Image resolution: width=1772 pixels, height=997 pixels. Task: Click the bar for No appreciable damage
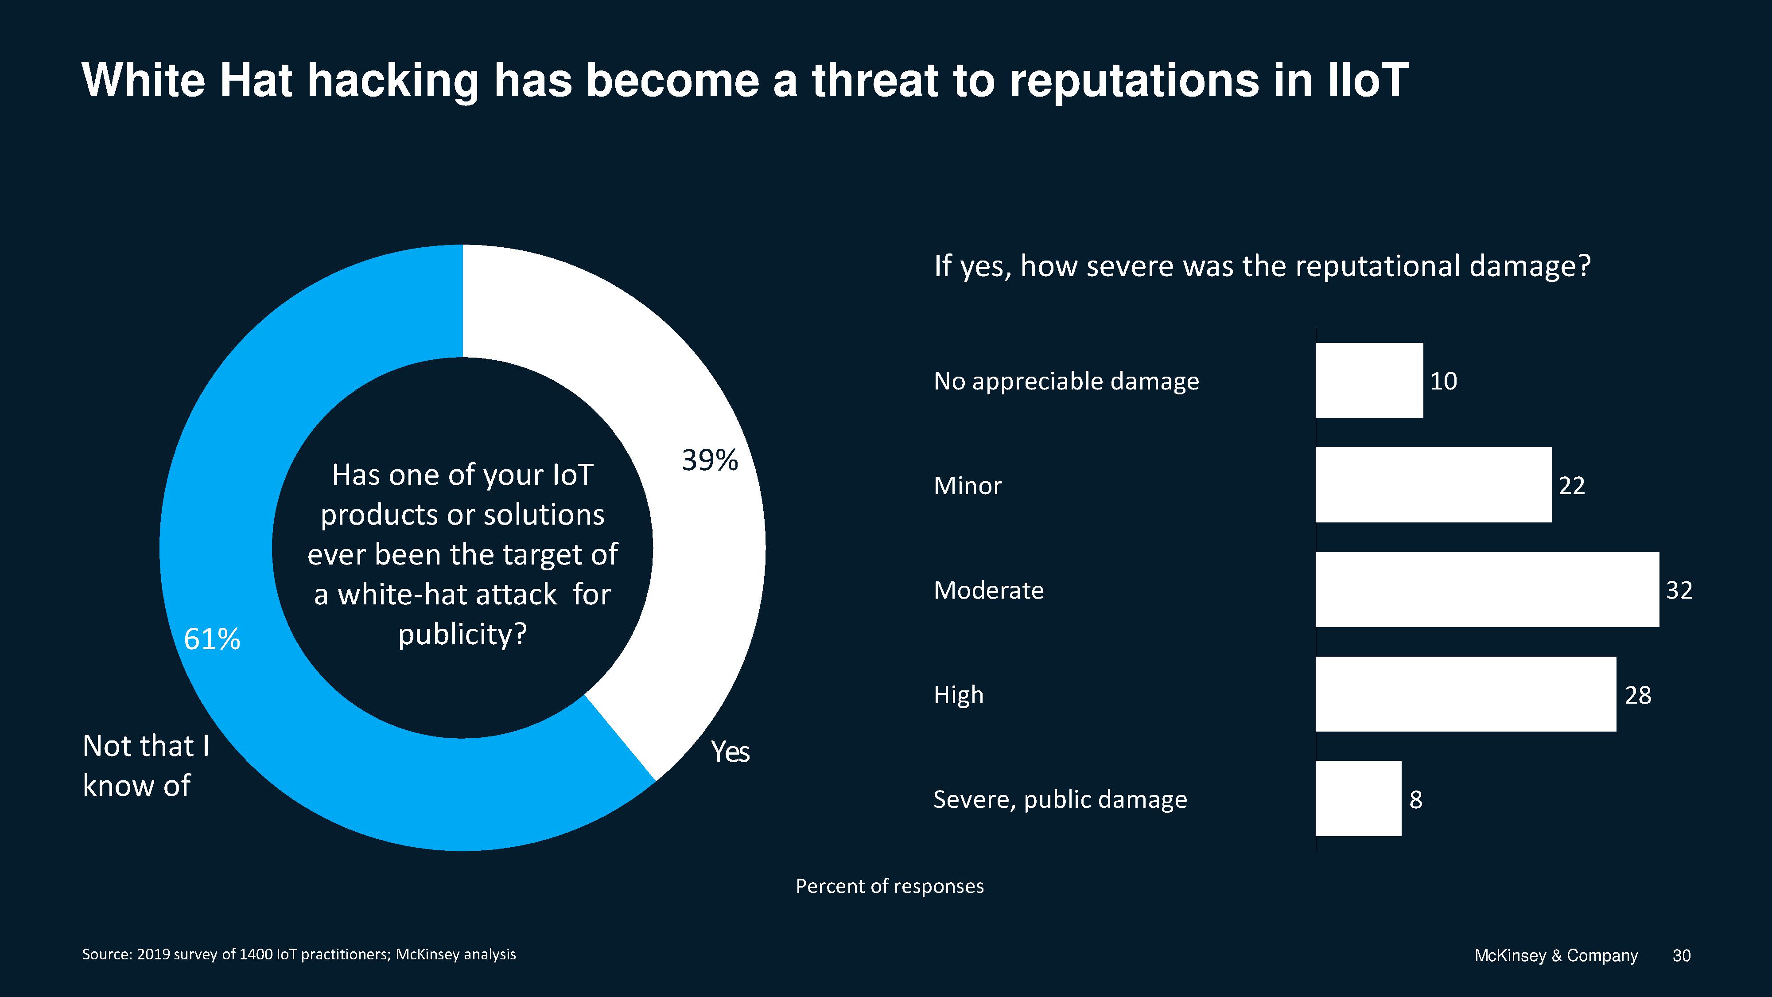pos(1369,381)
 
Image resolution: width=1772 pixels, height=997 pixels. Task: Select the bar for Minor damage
pos(1434,485)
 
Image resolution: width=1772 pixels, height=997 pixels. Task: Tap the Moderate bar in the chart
pos(1487,590)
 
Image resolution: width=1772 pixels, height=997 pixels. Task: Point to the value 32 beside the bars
pos(1679,590)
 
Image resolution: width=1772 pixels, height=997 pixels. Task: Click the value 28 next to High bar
pos(1638,695)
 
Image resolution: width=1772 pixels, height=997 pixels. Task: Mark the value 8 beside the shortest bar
pos(1416,799)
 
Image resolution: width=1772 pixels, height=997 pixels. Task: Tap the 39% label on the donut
pos(710,460)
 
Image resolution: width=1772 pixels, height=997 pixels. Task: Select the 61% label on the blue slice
pos(212,640)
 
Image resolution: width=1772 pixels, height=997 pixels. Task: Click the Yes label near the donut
pos(730,752)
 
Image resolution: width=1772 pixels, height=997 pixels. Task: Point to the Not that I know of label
pos(146,766)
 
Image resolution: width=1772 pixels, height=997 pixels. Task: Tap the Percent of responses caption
pos(890,886)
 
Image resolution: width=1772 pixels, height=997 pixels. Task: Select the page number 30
pos(1681,956)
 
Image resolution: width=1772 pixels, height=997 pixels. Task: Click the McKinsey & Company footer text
pos(1556,956)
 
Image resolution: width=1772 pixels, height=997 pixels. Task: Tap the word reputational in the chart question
pos(1378,266)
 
